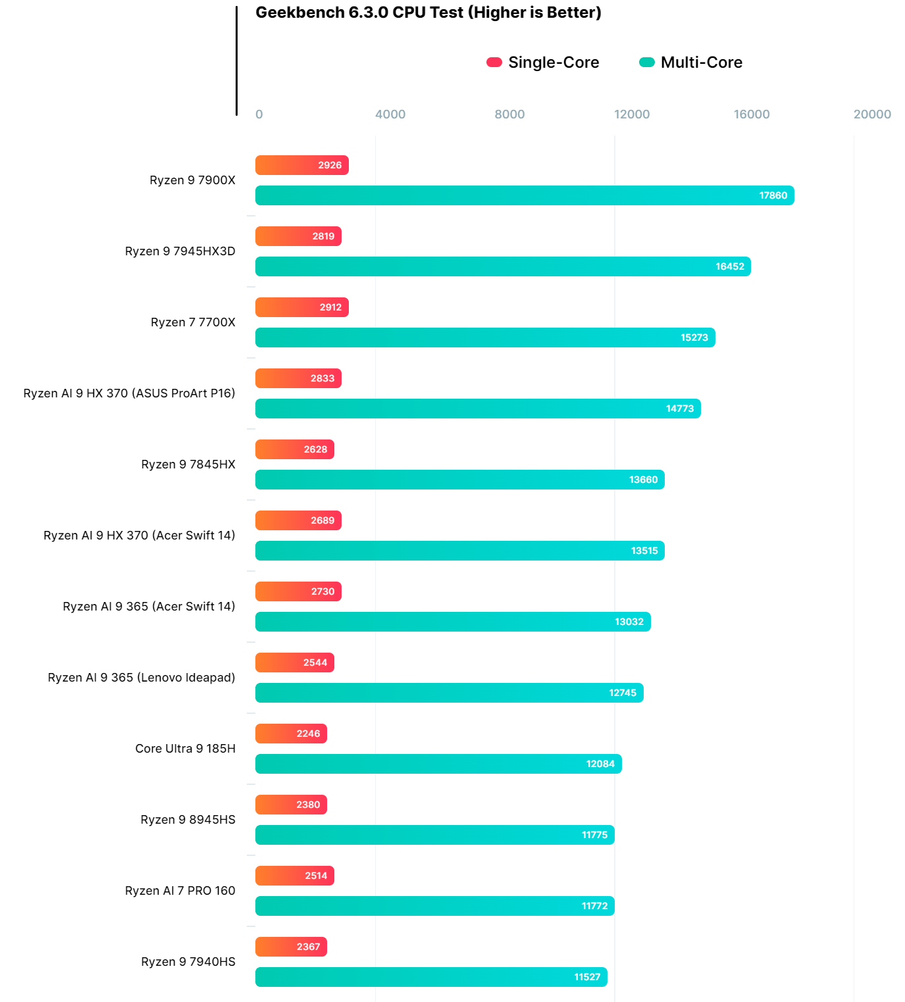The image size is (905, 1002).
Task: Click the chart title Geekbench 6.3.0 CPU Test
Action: click(x=428, y=13)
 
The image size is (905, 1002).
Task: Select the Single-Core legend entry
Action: click(x=543, y=63)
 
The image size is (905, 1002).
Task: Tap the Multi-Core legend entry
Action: click(x=691, y=63)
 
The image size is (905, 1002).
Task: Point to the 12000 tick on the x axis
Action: click(x=632, y=114)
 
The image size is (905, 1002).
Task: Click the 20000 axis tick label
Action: click(x=872, y=114)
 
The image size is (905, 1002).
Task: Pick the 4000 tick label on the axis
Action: click(x=390, y=114)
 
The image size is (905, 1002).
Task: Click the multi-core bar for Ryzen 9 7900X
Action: click(x=525, y=195)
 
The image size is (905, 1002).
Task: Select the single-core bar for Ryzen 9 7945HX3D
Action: click(x=298, y=236)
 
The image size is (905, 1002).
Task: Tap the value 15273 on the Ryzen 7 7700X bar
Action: click(x=694, y=338)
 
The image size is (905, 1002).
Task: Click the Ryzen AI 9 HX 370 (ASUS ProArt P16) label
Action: click(x=129, y=393)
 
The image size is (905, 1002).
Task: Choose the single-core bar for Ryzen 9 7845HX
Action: click(x=294, y=449)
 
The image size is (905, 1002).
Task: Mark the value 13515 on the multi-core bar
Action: click(x=644, y=551)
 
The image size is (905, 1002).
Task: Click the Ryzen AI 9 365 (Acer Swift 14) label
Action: click(x=149, y=607)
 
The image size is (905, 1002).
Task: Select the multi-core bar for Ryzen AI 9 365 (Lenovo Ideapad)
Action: click(x=449, y=693)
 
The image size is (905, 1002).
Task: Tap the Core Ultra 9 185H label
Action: click(x=185, y=749)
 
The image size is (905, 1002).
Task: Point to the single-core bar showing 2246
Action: click(x=291, y=734)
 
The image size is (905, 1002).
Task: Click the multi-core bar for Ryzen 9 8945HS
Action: click(x=434, y=835)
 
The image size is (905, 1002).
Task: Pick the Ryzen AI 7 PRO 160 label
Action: click(x=180, y=891)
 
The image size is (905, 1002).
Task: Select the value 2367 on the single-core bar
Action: click(x=308, y=947)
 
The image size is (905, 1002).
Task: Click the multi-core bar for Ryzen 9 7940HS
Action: click(x=431, y=977)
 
